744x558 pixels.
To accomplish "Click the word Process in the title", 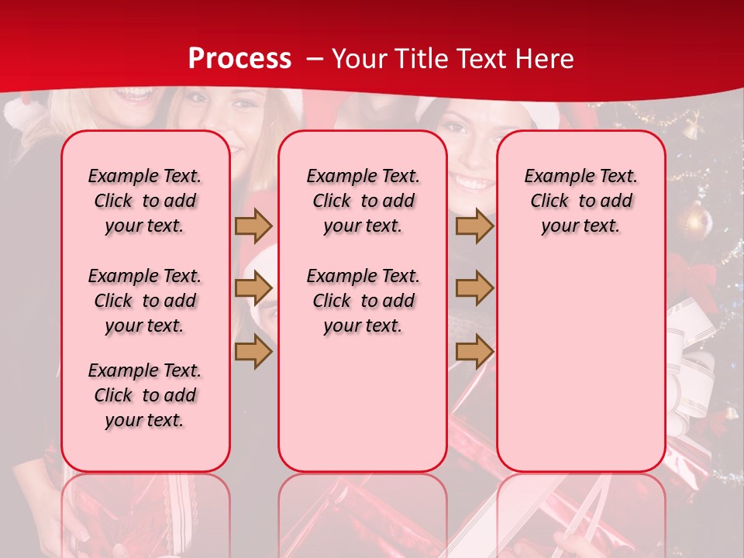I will click(239, 59).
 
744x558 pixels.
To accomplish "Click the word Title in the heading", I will click(422, 59).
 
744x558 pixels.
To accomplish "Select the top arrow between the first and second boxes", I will click(253, 226).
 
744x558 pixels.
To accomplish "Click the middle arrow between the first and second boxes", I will click(253, 288).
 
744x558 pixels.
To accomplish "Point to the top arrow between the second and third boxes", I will click(474, 226).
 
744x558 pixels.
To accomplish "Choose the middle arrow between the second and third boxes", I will click(474, 288).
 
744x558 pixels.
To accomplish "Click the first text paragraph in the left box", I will click(145, 201).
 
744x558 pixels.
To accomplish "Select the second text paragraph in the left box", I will click(145, 301).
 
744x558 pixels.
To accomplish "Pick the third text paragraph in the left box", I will click(145, 395).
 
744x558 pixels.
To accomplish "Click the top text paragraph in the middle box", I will click(363, 201).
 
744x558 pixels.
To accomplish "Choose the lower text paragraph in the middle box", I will click(363, 301).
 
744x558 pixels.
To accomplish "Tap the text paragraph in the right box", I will click(580, 201).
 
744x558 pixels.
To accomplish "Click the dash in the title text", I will click(315, 60).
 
